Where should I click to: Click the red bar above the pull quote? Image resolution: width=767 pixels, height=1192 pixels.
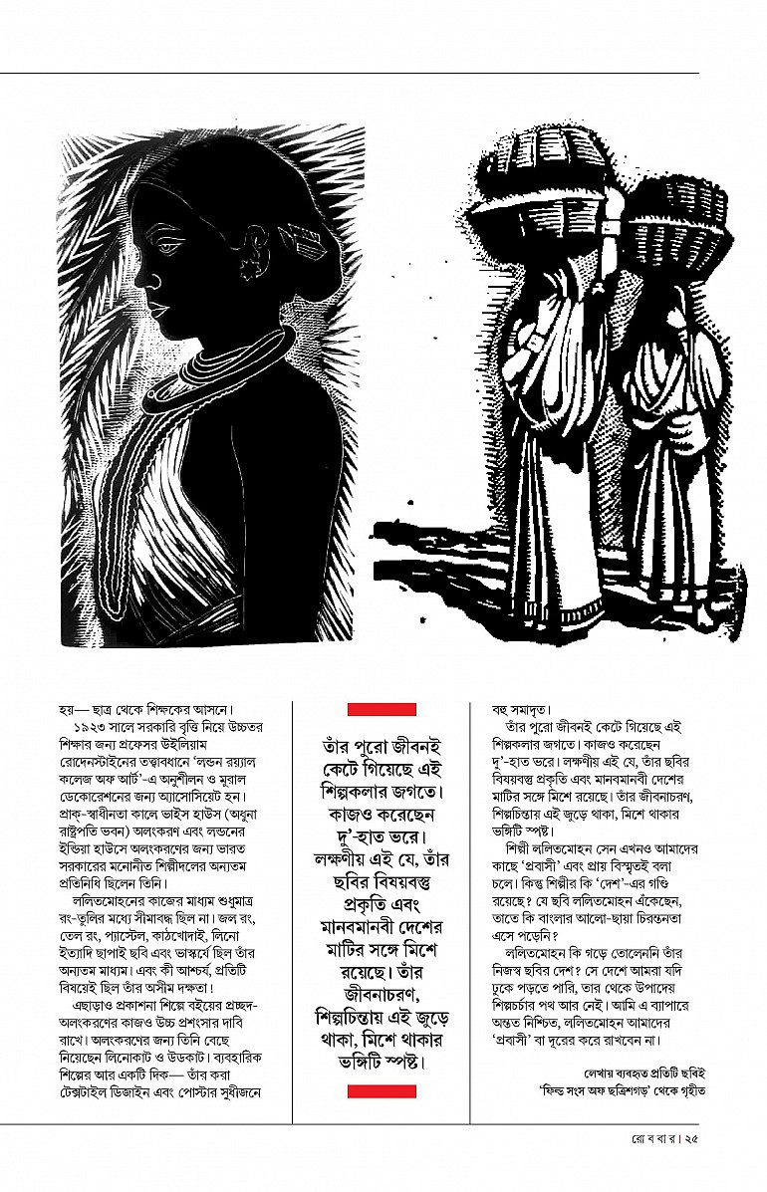click(x=382, y=709)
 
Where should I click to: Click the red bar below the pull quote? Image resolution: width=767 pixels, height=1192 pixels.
click(x=382, y=1091)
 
